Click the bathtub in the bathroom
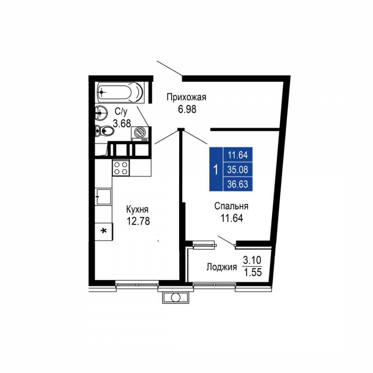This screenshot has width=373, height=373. click(120, 92)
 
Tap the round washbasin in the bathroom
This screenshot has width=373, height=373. click(101, 113)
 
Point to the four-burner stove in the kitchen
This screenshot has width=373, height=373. click(121, 168)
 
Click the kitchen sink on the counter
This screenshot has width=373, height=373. click(103, 197)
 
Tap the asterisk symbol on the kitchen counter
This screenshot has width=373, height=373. click(104, 231)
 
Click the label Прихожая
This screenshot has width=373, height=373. click(186, 97)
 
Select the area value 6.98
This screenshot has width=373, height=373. click(187, 109)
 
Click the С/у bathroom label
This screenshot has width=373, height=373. click(121, 111)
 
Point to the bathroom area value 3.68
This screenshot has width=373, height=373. click(122, 123)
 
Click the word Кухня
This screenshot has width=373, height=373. click(137, 210)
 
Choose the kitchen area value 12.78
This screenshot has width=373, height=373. click(138, 221)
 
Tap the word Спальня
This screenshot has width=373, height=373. click(231, 206)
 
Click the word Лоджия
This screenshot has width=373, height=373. click(222, 267)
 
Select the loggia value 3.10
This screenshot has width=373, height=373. click(252, 260)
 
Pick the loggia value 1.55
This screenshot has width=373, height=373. click(253, 272)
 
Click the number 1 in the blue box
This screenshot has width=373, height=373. click(216, 170)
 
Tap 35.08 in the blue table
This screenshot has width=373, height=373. click(238, 170)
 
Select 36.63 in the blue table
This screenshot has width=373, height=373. click(238, 184)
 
